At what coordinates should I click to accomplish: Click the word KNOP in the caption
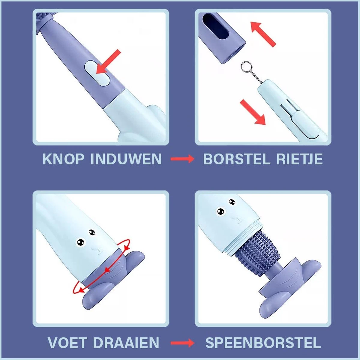click(x=63, y=159)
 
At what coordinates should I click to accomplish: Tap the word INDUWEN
click(x=126, y=159)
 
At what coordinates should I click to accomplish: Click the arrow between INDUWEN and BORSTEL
click(x=182, y=159)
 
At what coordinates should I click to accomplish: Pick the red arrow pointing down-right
click(x=253, y=112)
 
